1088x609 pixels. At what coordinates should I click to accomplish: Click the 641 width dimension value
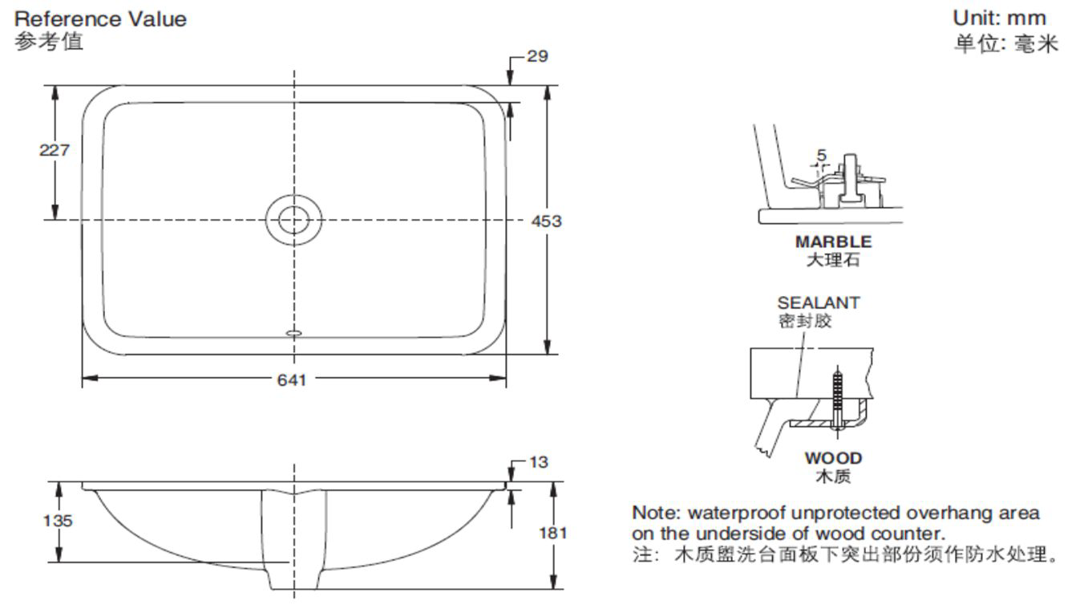[x=292, y=380]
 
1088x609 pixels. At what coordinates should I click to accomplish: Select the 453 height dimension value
[x=546, y=221]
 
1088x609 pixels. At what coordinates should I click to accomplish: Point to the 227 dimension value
[x=55, y=149]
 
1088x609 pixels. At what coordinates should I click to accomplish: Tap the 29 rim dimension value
[x=537, y=56]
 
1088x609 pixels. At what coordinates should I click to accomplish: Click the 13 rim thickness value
[x=539, y=461]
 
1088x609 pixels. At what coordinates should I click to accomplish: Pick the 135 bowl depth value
[x=57, y=520]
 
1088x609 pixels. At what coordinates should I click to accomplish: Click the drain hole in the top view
[x=293, y=218]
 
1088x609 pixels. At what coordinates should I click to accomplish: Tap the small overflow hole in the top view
[x=293, y=332]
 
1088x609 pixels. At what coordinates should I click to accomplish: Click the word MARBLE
[x=833, y=241]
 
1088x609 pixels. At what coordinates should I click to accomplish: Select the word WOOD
[x=834, y=458]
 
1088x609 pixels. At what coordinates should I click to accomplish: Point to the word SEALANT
[x=818, y=302]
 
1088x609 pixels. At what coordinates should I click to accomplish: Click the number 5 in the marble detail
[x=821, y=155]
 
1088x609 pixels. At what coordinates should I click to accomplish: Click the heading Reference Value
[x=100, y=18]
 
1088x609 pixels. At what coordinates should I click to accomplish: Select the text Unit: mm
[x=999, y=18]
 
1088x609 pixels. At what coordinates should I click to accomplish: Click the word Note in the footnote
[x=655, y=513]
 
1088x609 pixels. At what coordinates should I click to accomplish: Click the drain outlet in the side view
[x=294, y=578]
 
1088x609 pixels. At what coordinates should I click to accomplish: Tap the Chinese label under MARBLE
[x=833, y=259]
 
